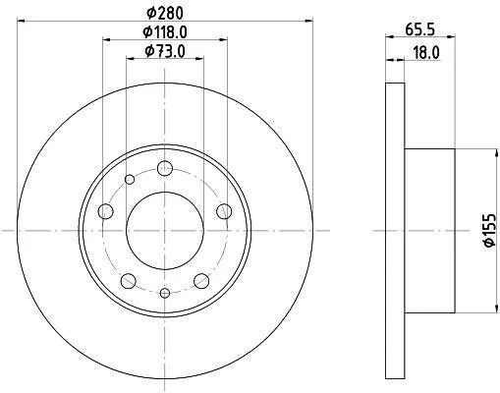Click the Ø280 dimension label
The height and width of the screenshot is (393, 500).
coord(165,14)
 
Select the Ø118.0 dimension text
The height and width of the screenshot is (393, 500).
coord(165,32)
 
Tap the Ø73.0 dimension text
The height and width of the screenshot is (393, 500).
coord(165,51)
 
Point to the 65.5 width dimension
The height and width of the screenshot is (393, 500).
coord(420,29)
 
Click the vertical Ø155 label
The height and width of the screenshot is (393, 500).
coord(490,230)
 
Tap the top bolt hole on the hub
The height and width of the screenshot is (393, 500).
coord(165,169)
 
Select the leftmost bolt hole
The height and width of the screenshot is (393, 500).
coord(105,211)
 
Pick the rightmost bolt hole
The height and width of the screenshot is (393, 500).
coord(224,211)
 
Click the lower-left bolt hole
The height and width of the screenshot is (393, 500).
coord(129,281)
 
